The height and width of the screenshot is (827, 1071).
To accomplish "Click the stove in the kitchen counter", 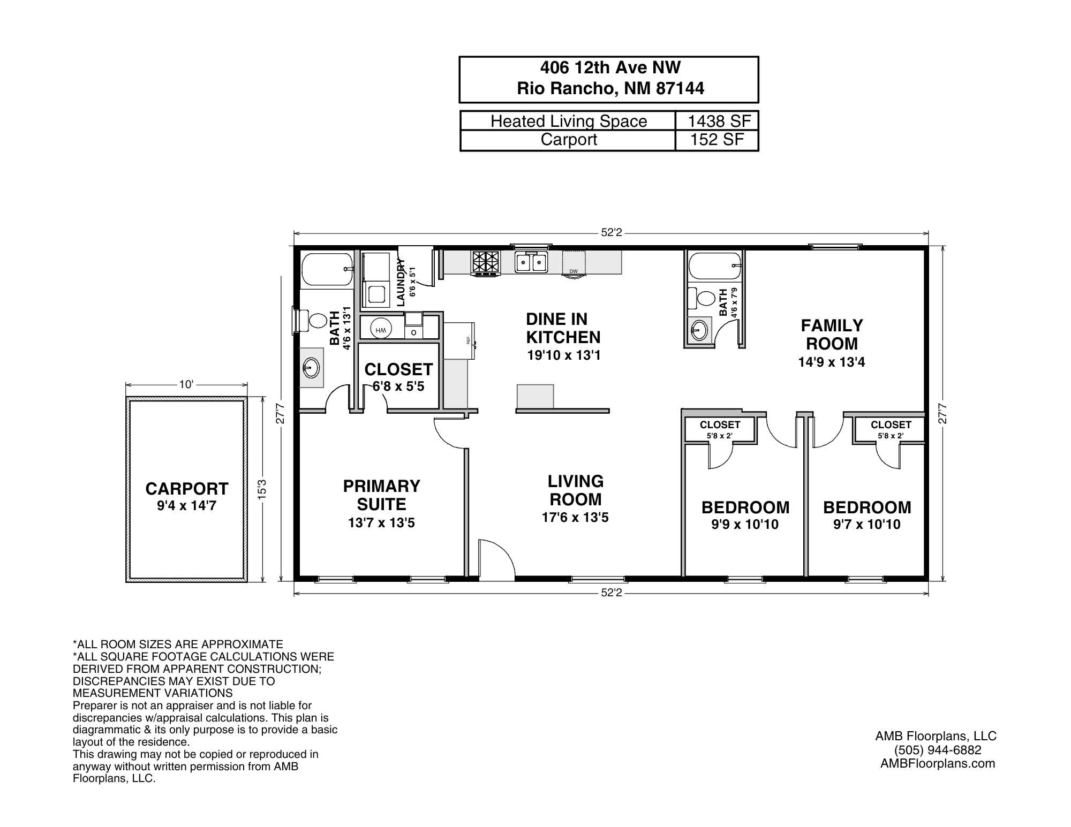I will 485,263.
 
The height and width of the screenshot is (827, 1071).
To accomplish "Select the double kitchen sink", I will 531,262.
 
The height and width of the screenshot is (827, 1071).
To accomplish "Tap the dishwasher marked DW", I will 574,263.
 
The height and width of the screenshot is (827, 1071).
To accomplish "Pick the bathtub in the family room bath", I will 714,266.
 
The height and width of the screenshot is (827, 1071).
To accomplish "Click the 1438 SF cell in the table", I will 719,121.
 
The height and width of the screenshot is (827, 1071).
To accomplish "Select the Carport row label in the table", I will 568,140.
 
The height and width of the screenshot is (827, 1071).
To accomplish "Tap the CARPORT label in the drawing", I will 186,489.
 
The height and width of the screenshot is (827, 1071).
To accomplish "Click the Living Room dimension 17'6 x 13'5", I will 575,518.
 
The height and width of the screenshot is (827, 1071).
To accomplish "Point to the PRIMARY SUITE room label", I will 381,495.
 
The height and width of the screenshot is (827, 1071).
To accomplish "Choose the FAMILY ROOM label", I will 832,335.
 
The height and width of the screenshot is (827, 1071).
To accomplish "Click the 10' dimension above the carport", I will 186,384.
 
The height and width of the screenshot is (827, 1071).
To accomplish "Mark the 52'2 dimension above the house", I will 611,233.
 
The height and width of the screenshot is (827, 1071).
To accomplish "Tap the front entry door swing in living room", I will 496,559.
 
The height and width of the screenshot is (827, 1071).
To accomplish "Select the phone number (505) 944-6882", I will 937,750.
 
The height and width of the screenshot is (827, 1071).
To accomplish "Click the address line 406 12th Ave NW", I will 610,67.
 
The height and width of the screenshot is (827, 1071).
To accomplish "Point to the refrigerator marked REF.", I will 459,340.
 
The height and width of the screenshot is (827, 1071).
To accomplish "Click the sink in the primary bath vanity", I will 311,368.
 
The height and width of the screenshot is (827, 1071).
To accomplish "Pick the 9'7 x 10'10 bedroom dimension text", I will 866,525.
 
